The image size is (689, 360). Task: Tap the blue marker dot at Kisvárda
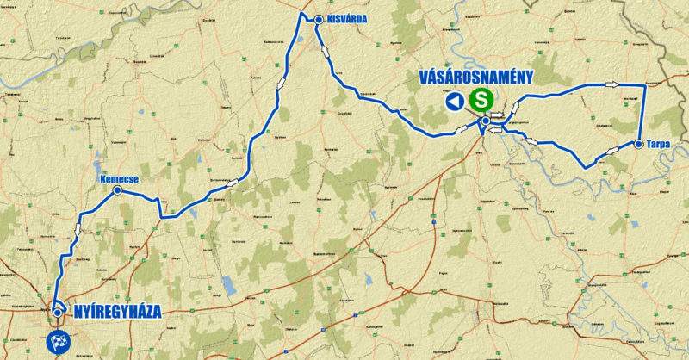coord(319,19)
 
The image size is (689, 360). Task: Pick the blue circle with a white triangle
coord(455,102)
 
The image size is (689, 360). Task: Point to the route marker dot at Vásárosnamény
coord(486,121)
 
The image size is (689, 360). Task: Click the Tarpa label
coord(657,145)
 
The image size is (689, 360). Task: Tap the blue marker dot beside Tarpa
coord(638,145)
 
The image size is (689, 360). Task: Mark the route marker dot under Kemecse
coord(117,190)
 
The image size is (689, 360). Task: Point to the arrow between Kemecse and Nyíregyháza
coord(78,230)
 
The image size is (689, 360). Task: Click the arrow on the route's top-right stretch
coord(612,84)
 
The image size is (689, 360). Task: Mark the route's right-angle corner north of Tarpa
coord(645,85)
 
